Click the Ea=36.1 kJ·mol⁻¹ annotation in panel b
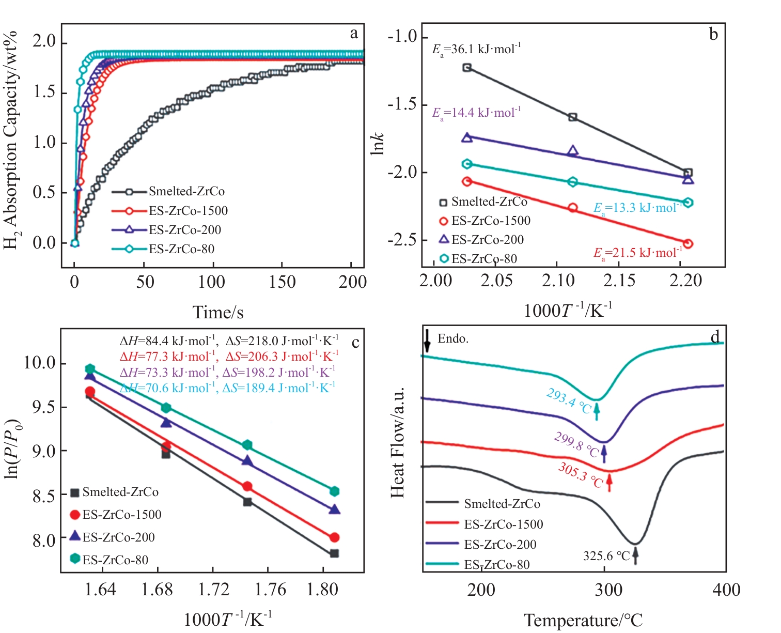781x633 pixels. (x=476, y=50)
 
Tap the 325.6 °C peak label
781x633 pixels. (x=606, y=556)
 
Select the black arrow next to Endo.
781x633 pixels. (x=427, y=339)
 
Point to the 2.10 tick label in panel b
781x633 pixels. (x=558, y=281)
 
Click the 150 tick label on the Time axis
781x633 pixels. (x=282, y=282)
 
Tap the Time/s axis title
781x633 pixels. (x=218, y=312)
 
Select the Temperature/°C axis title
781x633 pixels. (x=583, y=620)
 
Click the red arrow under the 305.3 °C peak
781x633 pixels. (x=610, y=482)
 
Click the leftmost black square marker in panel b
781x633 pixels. (x=467, y=68)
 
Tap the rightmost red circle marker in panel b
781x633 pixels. (x=688, y=244)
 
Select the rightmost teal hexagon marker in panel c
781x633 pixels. (x=334, y=491)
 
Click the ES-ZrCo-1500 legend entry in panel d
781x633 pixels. (x=504, y=524)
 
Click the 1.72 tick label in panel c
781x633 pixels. (x=213, y=590)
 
